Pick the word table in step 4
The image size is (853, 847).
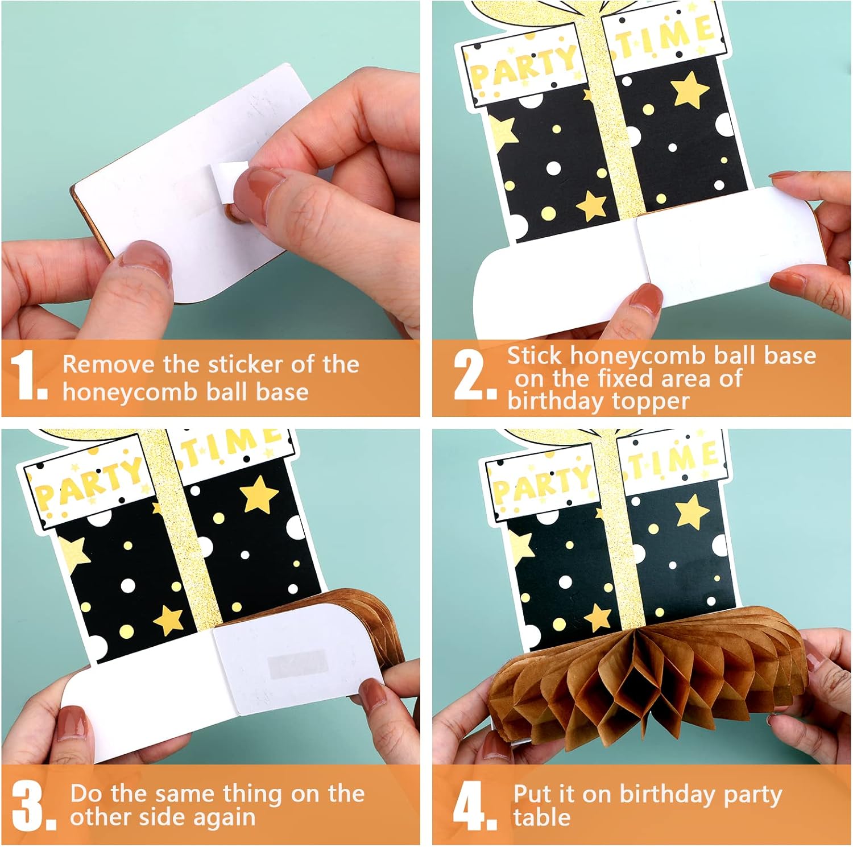coord(541,817)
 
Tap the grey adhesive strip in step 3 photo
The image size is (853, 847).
coord(298,663)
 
